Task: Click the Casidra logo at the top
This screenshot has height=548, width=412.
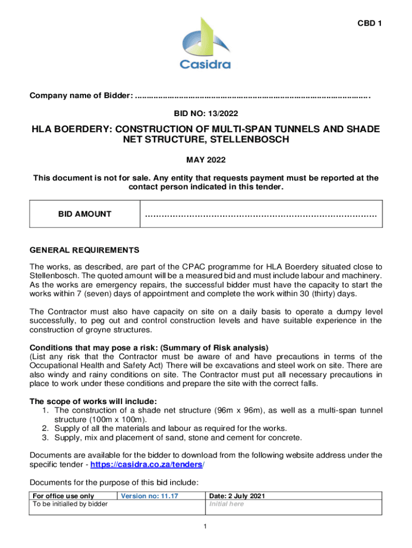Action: pyautogui.click(x=205, y=44)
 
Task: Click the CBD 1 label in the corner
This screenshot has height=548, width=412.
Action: pyautogui.click(x=369, y=23)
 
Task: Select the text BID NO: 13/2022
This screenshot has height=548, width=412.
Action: pyautogui.click(x=205, y=113)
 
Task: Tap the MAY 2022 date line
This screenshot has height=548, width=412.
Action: pyautogui.click(x=205, y=160)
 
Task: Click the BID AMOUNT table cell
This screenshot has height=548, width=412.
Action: pyautogui.click(x=85, y=214)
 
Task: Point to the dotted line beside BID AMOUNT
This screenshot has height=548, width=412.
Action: pyautogui.click(x=261, y=215)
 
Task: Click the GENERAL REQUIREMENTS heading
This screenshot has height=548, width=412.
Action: pyautogui.click(x=85, y=250)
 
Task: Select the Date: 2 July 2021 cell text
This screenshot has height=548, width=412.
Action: pyautogui.click(x=236, y=496)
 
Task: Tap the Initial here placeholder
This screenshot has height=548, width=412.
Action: pyautogui.click(x=226, y=504)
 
